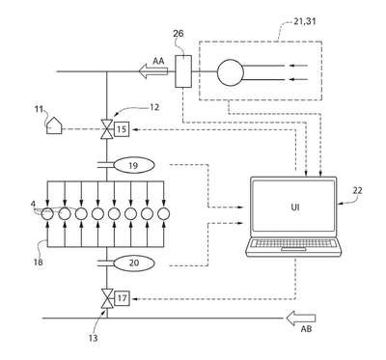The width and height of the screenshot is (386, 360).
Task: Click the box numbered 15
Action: click(x=122, y=129)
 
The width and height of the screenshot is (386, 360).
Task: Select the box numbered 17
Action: click(x=122, y=298)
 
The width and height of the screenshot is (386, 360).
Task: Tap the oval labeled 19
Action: click(x=133, y=165)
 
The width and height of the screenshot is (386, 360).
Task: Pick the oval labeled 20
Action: click(x=133, y=263)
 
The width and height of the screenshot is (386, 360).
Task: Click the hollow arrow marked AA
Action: click(x=153, y=71)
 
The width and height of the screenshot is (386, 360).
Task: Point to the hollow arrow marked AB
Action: click(x=301, y=318)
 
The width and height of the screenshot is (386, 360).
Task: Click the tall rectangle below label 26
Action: click(x=183, y=71)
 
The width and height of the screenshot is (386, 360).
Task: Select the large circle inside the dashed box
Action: click(x=231, y=73)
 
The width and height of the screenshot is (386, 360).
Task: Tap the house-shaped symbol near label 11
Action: click(x=54, y=125)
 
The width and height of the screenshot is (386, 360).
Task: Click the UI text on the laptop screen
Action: click(x=294, y=208)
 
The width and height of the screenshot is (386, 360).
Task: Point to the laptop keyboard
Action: click(x=292, y=243)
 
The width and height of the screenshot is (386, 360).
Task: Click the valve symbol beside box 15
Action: click(x=106, y=129)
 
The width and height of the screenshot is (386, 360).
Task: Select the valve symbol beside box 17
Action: click(x=106, y=298)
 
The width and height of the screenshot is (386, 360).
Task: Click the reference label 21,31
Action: click(x=305, y=21)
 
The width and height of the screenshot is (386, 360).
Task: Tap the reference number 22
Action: click(x=357, y=190)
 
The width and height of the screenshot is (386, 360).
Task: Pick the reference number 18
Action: click(x=38, y=262)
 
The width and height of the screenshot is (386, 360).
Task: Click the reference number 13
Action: click(x=93, y=338)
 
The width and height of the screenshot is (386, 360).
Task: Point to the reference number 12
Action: click(x=154, y=107)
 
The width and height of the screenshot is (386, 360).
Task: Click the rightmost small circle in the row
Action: click(x=164, y=213)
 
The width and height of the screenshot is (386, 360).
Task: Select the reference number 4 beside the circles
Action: click(x=33, y=204)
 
